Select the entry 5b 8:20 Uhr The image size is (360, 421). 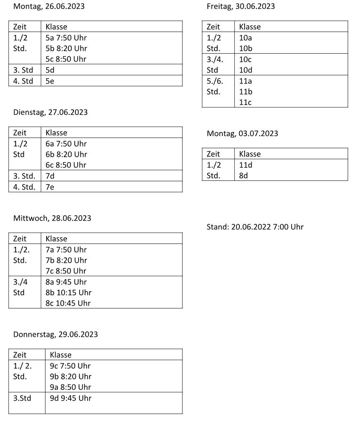coord(66,48)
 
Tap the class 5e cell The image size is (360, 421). coord(50,81)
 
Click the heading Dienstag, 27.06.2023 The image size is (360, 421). coord(50,113)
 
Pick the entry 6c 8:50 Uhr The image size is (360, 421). coord(66,165)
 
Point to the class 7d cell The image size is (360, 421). coord(50,176)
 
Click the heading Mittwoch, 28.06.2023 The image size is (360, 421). coord(52,219)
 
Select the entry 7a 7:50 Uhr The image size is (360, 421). coord(66,250)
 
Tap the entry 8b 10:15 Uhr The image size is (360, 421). coord(68,292)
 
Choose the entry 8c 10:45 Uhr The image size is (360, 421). coord(68,303)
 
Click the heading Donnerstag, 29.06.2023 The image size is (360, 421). coord(55,334)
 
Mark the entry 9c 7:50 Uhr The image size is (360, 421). coord(70,366)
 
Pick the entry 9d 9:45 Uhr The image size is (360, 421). coord(70,398)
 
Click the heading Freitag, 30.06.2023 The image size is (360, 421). coord(240,7)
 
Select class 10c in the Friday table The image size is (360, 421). coord(245,59)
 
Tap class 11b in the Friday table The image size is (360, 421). coord(245,91)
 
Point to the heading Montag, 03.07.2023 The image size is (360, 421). coord(242,134)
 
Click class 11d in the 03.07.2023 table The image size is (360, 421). coord(245,165)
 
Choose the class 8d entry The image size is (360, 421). coord(244,176)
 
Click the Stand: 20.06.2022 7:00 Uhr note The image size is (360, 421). coord(255,227)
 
